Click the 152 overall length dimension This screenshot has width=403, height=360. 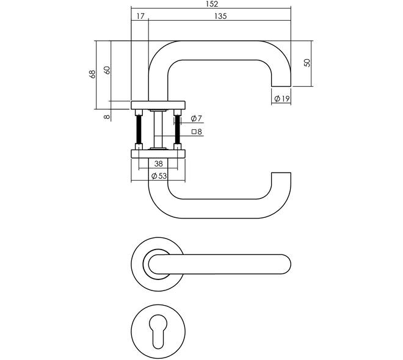(212, 4)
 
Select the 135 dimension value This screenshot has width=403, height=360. (220, 16)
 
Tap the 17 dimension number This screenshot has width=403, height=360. (140, 16)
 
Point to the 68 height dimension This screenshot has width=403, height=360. (93, 74)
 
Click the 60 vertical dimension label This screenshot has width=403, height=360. (107, 70)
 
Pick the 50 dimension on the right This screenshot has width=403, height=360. (307, 63)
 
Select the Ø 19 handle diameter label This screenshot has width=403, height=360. (282, 98)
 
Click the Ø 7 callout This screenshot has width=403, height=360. (197, 118)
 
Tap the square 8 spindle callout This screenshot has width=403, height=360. (197, 132)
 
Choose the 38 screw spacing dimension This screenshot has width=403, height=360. (159, 164)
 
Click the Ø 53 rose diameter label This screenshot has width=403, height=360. (159, 176)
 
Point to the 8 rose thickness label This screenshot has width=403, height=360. (107, 117)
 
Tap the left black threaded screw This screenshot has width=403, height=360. (139, 129)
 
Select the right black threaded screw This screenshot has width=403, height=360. (177, 129)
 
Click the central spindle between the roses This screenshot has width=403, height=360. (158, 129)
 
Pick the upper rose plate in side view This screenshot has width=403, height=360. (158, 106)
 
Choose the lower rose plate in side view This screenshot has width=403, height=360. (158, 154)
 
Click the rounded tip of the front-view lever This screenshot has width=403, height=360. (291, 264)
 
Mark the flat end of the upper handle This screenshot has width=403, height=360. (281, 86)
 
